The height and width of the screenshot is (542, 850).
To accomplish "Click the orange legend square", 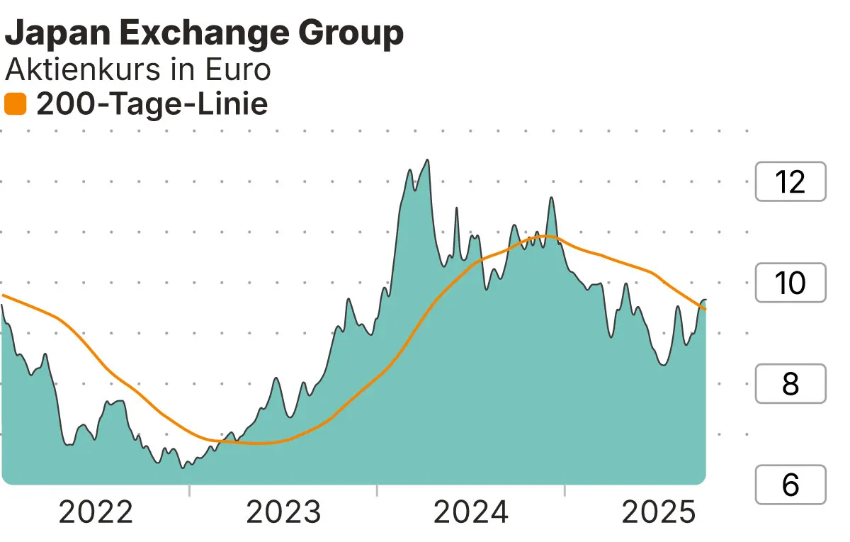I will [15, 105].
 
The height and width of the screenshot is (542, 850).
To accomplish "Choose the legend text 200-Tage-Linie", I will [152, 105].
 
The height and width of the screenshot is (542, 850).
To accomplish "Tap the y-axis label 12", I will [790, 182].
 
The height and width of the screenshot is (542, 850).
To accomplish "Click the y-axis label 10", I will [790, 283].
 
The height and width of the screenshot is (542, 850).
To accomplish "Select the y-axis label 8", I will [790, 384].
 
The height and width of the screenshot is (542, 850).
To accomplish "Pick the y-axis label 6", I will [790, 485].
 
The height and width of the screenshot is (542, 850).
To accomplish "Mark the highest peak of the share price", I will [427, 160].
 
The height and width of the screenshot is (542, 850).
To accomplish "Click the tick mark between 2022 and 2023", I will [190, 490].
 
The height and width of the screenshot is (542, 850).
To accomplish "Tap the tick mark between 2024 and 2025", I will [565, 490].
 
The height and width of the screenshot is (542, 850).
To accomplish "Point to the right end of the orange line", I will [705, 309].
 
